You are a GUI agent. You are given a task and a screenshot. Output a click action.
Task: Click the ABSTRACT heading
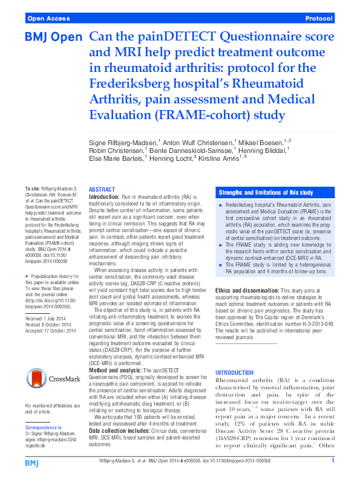[102, 189]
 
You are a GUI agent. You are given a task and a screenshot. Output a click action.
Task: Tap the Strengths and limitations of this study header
[266, 193]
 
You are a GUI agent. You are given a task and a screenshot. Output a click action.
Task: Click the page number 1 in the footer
[333, 462]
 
